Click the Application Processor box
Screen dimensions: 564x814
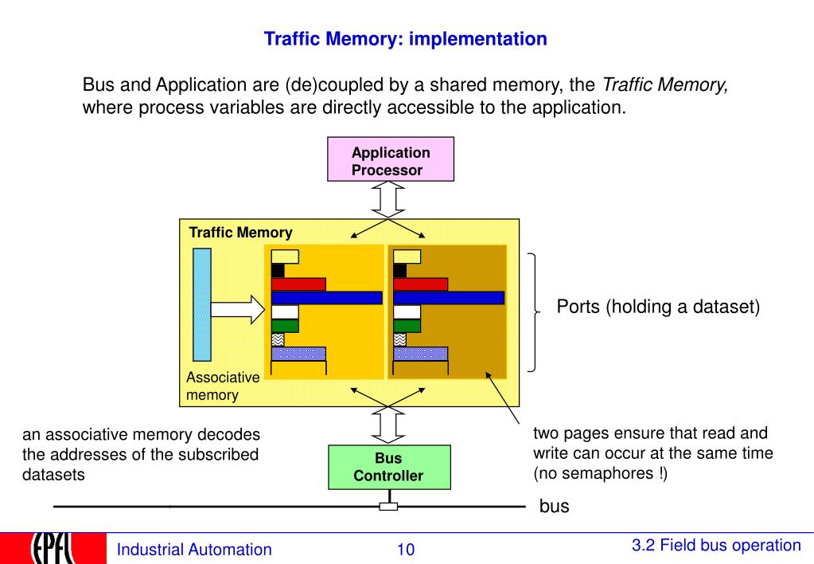pyautogui.click(x=391, y=160)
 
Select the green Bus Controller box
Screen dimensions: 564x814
pyautogui.click(x=388, y=468)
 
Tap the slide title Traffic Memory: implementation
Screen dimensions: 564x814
pyautogui.click(x=405, y=38)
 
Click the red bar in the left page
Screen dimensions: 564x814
pyautogui.click(x=298, y=284)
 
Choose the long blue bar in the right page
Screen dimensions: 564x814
pyautogui.click(x=449, y=297)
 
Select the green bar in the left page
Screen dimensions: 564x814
pyautogui.click(x=285, y=325)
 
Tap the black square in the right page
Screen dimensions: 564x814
pyautogui.click(x=400, y=270)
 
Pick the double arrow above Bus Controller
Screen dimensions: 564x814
pyautogui.click(x=389, y=425)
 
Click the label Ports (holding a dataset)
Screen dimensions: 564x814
pyautogui.click(x=657, y=307)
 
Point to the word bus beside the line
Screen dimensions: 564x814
pyautogui.click(x=555, y=507)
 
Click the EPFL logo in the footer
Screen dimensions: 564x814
pyautogui.click(x=52, y=548)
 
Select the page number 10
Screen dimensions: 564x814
pyautogui.click(x=406, y=550)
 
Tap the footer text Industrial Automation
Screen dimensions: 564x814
pyautogui.click(x=194, y=550)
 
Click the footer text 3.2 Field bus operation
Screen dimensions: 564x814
pyautogui.click(x=716, y=546)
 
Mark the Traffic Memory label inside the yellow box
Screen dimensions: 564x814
pyautogui.click(x=240, y=233)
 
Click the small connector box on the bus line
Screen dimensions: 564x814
pyautogui.click(x=388, y=507)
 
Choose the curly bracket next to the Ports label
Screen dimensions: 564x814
pyautogui.click(x=533, y=312)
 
